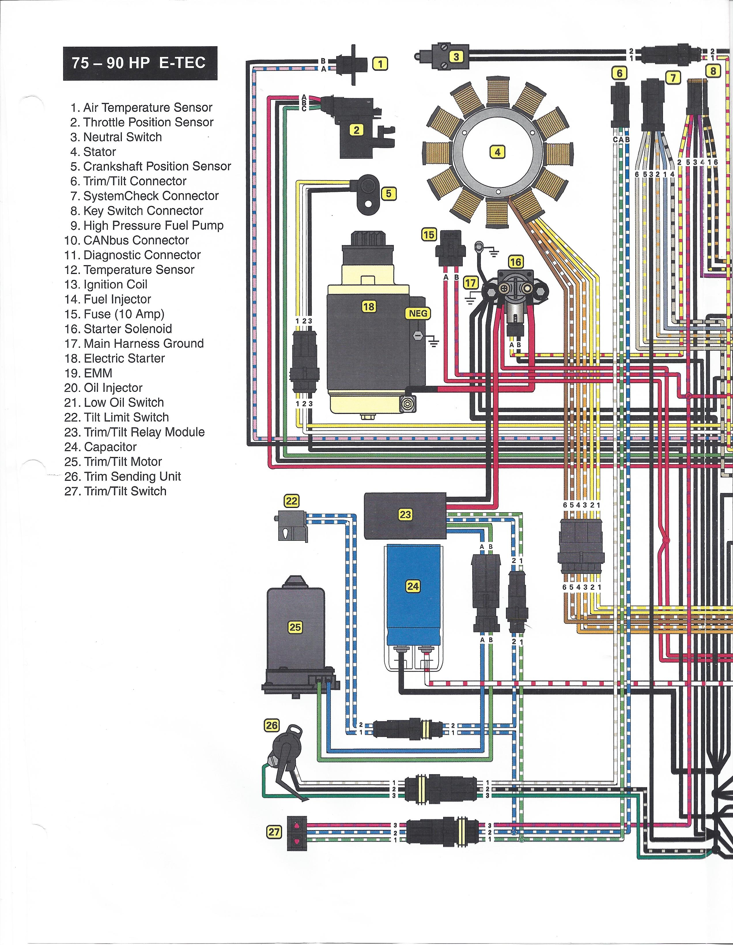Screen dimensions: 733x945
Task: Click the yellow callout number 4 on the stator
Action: [498, 152]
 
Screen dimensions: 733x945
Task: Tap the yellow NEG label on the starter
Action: [418, 313]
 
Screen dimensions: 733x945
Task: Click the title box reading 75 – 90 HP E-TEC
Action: [140, 63]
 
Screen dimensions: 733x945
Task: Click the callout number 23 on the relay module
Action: [405, 515]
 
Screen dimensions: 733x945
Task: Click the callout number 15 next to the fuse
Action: [429, 235]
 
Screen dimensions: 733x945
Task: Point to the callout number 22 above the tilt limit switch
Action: [291, 501]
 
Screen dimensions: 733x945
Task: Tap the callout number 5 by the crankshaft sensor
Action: [389, 193]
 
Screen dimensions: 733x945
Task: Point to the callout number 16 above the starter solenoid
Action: [515, 262]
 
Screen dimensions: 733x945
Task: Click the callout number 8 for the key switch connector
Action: [713, 71]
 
